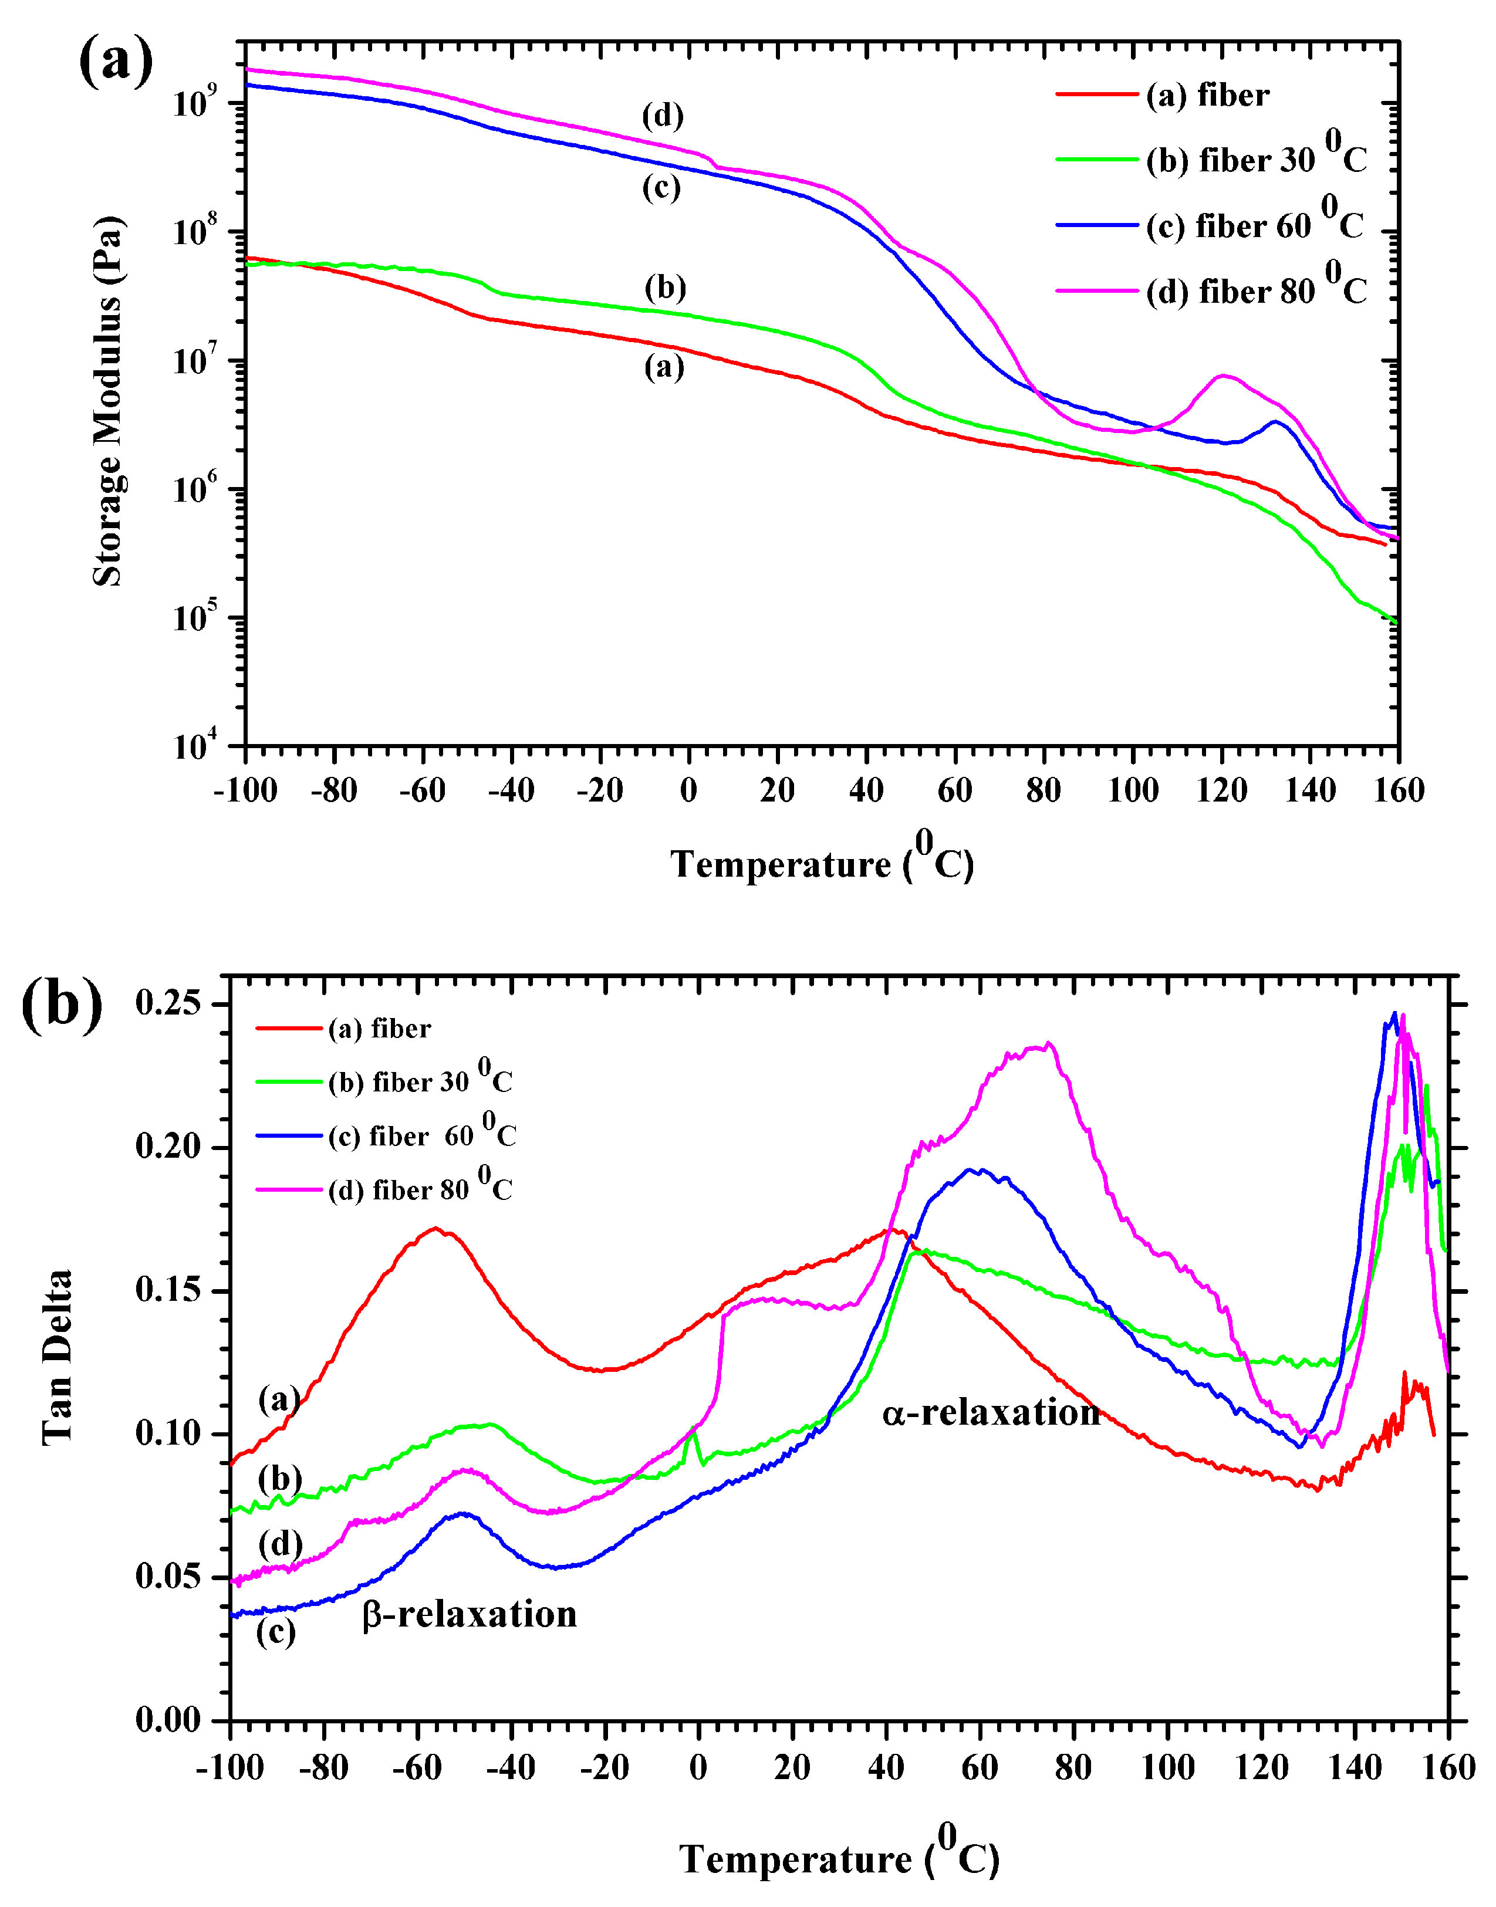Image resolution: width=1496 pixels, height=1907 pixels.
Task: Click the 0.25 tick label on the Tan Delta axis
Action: (168, 1003)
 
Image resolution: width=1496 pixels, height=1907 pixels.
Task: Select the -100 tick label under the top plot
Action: (245, 790)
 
